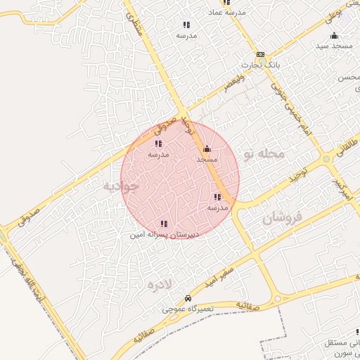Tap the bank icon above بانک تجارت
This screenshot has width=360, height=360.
(260, 54)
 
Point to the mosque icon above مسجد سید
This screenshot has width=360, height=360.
(334, 35)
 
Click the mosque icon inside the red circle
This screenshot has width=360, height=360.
(207, 149)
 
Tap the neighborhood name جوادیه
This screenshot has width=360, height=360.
(121, 187)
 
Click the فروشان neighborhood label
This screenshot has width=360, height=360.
(282, 219)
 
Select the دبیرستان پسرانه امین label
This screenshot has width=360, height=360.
(165, 234)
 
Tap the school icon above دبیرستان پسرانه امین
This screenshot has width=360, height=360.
(164, 224)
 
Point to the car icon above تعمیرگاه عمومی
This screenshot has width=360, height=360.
(187, 298)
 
